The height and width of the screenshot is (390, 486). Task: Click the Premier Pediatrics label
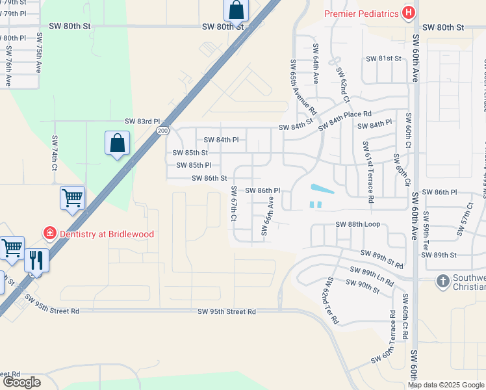pyautogui.click(x=361, y=12)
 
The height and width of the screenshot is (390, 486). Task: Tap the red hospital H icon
pyautogui.click(x=409, y=12)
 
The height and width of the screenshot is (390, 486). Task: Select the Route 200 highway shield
pyautogui.click(x=160, y=131)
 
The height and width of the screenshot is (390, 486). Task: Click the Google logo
pyautogui.click(x=21, y=382)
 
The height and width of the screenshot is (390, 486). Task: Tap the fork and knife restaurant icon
pyautogui.click(x=36, y=261)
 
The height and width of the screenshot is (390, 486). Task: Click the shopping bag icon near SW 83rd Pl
pyautogui.click(x=117, y=143)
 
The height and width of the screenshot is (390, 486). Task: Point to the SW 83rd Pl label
pyautogui.click(x=142, y=122)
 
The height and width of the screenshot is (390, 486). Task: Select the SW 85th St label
pyautogui.click(x=190, y=153)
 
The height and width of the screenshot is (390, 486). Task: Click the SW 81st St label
pyautogui.click(x=384, y=58)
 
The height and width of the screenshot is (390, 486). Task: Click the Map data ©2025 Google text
pyautogui.click(x=446, y=385)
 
